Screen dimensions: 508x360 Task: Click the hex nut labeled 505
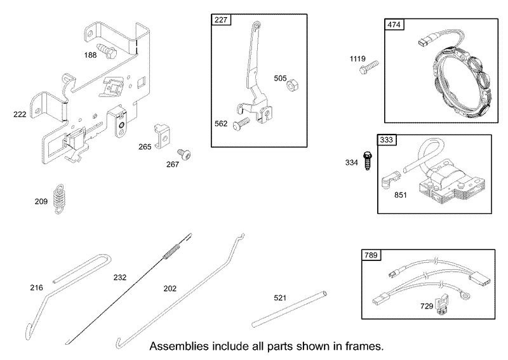coord(293,85)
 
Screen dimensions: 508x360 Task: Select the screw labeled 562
coord(241,124)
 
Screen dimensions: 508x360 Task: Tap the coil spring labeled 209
coord(58,199)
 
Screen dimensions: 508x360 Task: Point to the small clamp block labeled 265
coord(162,135)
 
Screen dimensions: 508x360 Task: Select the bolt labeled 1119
coord(369,67)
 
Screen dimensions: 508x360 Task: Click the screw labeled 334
coord(367,161)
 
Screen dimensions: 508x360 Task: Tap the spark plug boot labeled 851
coord(390,180)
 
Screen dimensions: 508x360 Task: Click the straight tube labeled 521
coord(290,309)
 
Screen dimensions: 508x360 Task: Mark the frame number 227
coord(220,20)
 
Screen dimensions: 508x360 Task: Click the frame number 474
coord(394,25)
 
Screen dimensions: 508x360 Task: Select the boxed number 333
coord(387,140)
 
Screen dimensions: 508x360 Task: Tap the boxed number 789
coord(371,255)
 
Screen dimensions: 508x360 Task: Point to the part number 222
coord(20,114)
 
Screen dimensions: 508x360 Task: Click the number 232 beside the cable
coord(120,277)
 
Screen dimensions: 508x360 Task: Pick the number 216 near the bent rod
coord(36,288)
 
